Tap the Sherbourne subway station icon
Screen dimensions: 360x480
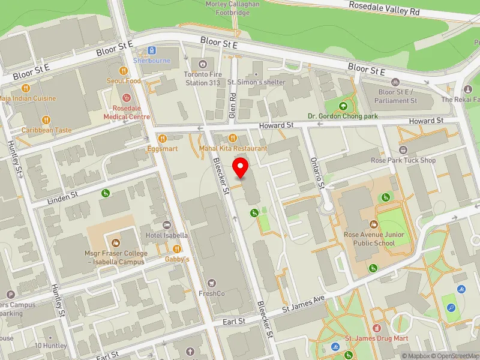[x=152, y=52]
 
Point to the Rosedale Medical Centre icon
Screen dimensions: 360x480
[x=126, y=98]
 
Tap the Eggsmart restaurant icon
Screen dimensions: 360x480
[x=162, y=137]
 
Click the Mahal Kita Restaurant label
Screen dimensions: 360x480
[x=233, y=148]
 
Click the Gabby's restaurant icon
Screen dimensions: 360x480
[x=177, y=249]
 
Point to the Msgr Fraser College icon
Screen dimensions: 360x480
[x=116, y=243]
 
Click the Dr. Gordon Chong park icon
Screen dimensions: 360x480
[x=343, y=106]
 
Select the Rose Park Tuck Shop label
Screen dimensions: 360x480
[x=403, y=160]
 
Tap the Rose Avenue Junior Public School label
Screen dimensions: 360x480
[x=369, y=239]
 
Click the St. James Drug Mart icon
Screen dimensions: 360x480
[x=376, y=329]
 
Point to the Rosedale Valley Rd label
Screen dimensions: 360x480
[x=385, y=7]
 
